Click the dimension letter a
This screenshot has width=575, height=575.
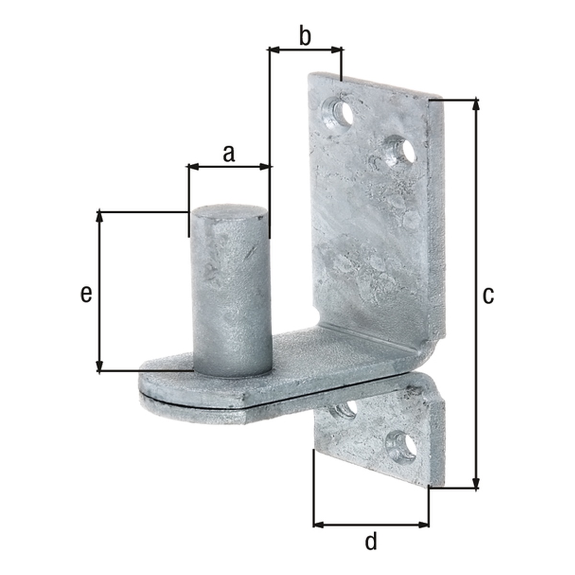229,154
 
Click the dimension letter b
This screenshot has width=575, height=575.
305,36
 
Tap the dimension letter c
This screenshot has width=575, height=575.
488,296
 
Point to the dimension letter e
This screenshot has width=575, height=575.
86,295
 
